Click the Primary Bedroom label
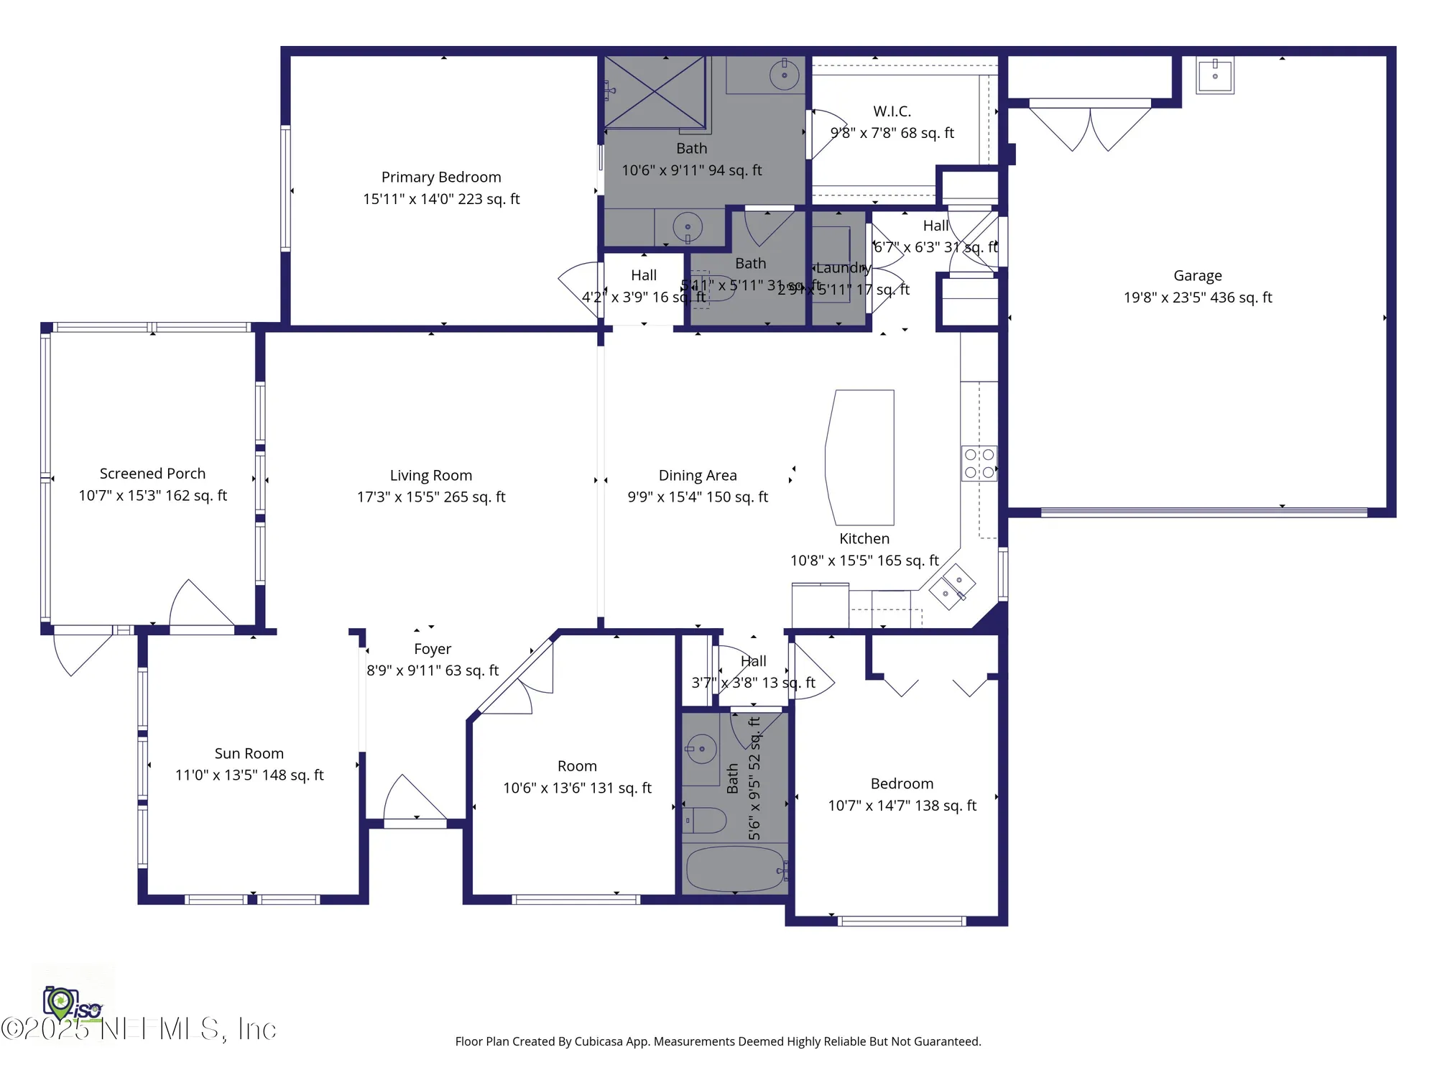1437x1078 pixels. click(x=441, y=178)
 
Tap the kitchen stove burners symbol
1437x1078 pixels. click(x=979, y=464)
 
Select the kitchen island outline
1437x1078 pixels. click(x=861, y=457)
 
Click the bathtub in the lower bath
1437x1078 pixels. click(x=734, y=869)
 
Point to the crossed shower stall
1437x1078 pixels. click(x=655, y=92)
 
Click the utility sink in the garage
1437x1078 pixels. click(x=1215, y=75)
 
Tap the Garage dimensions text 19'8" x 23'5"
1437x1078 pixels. click(x=1198, y=298)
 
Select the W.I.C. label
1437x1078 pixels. click(x=892, y=111)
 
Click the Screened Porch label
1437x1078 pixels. click(x=152, y=474)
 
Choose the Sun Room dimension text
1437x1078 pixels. click(x=249, y=775)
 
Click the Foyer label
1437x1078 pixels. click(x=433, y=649)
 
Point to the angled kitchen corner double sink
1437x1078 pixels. click(x=952, y=586)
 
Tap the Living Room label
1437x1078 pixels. click(x=431, y=476)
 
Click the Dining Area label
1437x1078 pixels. click(x=698, y=476)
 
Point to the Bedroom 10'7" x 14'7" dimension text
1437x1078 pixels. click(x=902, y=806)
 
